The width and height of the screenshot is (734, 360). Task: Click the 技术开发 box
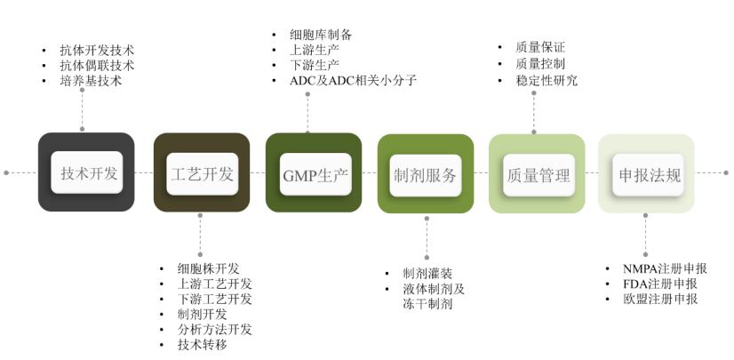tap(86, 173)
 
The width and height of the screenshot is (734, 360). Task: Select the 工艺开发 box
tap(201, 173)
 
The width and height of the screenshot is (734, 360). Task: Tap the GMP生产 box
tap(313, 173)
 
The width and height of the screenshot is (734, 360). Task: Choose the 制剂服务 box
tap(425, 174)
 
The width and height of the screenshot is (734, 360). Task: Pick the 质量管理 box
tap(537, 174)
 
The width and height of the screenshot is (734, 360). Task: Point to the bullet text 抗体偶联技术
tap(97, 66)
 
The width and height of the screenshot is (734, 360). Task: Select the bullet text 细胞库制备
tap(320, 35)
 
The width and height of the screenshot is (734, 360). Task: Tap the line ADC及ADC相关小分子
tap(353, 81)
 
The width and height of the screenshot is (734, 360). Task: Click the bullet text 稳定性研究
tap(546, 81)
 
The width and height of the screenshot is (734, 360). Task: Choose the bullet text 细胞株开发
tap(208, 268)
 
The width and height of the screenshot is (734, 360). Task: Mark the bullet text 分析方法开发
tap(214, 329)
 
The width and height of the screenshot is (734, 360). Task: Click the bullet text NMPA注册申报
tap(664, 268)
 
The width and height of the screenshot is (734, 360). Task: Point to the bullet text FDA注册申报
tap(658, 284)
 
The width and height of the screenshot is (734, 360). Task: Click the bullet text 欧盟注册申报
tap(660, 299)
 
